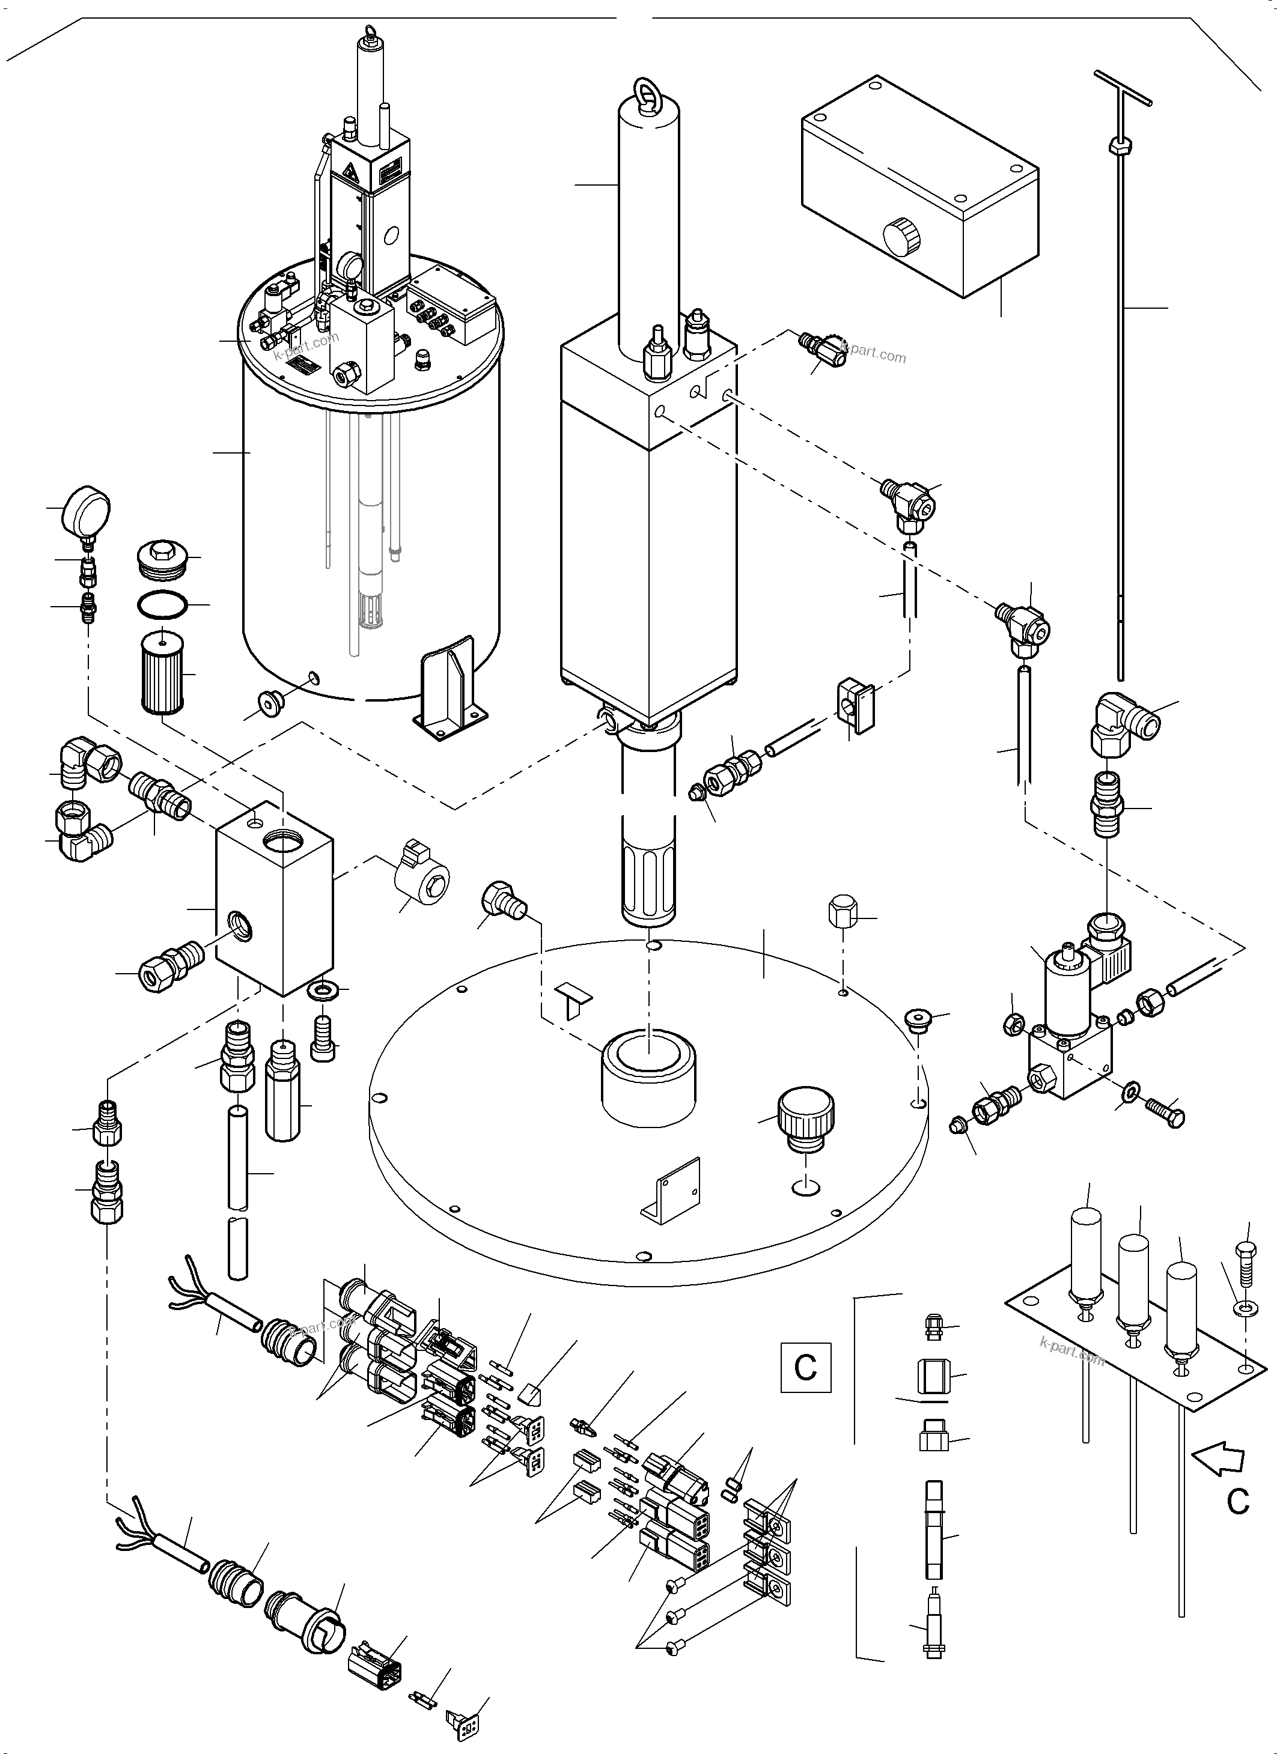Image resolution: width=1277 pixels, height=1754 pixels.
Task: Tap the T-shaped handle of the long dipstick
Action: (1123, 86)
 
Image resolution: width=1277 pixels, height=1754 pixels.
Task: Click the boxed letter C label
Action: (805, 1367)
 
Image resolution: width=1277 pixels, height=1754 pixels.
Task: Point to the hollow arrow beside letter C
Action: (1220, 1458)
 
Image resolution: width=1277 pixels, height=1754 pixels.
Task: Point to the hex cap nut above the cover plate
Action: (843, 914)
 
